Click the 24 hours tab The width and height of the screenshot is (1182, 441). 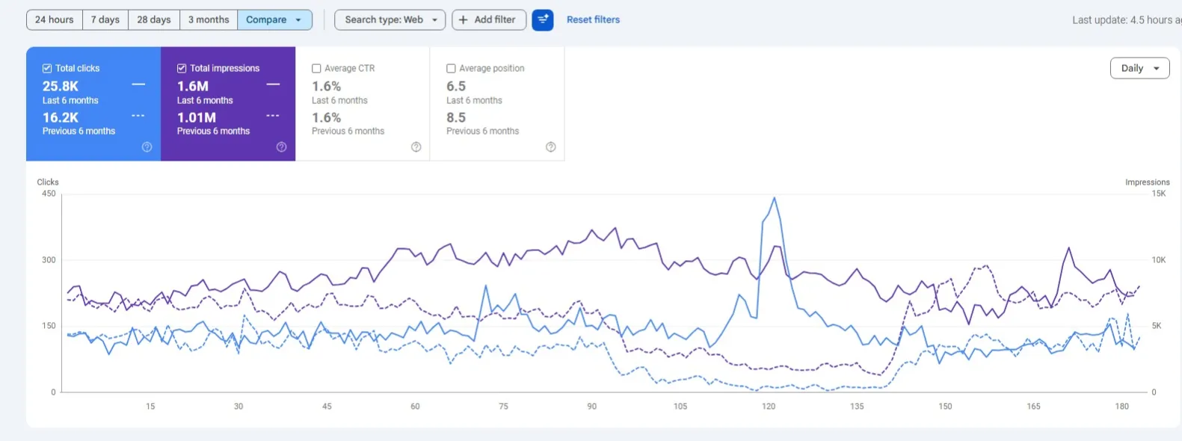tap(55, 20)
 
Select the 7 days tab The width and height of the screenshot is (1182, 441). tap(105, 20)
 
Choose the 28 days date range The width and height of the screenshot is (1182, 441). tap(153, 20)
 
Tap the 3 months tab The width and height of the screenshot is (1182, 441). tap(209, 20)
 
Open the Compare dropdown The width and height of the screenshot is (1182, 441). tap(274, 20)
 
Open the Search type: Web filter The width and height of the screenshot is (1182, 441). tap(390, 20)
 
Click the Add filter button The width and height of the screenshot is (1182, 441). tap(489, 20)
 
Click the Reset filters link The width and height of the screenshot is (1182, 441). tap(593, 20)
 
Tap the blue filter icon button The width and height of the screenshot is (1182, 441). tap(543, 20)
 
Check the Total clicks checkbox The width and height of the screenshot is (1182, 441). tap(47, 68)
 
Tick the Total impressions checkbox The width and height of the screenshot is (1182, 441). tap(182, 68)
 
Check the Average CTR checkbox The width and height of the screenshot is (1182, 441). tap(316, 68)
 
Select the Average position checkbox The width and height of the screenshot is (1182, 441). tap(451, 68)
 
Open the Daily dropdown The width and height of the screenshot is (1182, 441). tap(1140, 68)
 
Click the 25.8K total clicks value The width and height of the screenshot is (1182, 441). tap(60, 86)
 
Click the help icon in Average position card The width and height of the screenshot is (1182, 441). tap(550, 147)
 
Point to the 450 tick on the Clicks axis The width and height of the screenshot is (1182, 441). tap(49, 194)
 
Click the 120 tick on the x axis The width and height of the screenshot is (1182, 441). tap(769, 406)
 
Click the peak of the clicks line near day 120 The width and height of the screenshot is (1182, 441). tap(774, 198)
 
